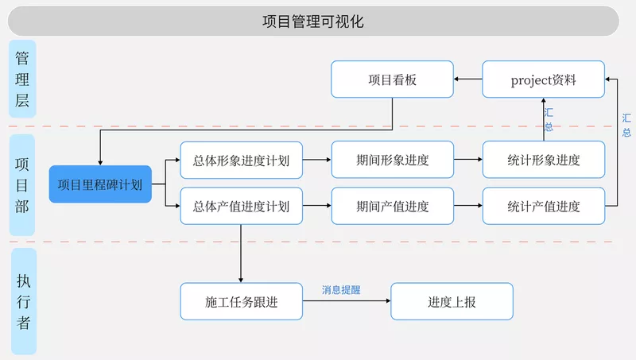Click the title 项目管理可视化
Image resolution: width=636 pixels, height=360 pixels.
[x=312, y=21]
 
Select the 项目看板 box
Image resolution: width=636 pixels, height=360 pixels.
[x=392, y=79]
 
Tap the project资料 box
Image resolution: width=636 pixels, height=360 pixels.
[x=543, y=79]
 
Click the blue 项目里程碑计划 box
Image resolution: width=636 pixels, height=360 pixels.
[x=100, y=184]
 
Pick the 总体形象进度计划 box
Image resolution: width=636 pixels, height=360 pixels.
[x=241, y=160]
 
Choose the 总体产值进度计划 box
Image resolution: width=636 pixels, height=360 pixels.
[x=241, y=207]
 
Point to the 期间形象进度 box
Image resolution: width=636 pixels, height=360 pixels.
[x=392, y=160]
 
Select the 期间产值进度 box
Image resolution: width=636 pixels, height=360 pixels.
[x=392, y=207]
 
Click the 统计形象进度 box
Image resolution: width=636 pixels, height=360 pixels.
[x=543, y=160]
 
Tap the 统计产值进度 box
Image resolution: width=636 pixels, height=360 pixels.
[x=543, y=207]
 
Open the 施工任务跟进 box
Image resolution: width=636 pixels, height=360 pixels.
[x=241, y=302]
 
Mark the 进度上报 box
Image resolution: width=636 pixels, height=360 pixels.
[x=452, y=302]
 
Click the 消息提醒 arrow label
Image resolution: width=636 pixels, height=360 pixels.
[x=341, y=290]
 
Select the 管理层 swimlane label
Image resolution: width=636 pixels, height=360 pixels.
[x=23, y=79]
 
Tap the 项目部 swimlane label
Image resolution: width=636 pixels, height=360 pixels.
[x=23, y=184]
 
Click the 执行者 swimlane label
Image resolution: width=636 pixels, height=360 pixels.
[x=23, y=301]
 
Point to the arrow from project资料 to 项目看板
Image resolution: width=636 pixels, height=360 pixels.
[x=468, y=79]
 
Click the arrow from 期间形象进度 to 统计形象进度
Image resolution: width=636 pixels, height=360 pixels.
[x=468, y=160]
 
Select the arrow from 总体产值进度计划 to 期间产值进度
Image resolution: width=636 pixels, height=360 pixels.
[x=317, y=207]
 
